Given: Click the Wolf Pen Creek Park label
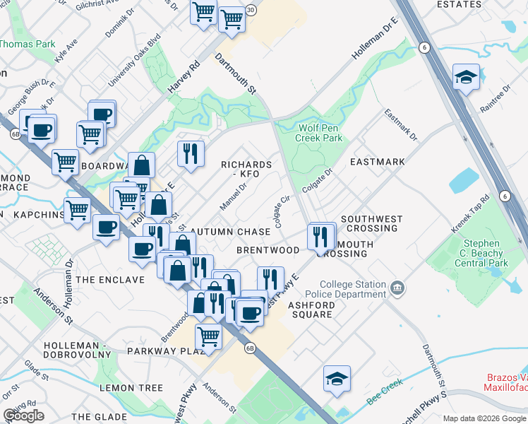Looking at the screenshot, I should pyautogui.click(x=320, y=133).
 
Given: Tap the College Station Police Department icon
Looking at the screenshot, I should pyautogui.click(x=397, y=288).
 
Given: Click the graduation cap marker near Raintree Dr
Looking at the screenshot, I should pyautogui.click(x=466, y=77).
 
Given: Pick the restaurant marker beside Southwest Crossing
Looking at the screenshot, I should pyautogui.click(x=322, y=235).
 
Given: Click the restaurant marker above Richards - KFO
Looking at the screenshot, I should pyautogui.click(x=190, y=153).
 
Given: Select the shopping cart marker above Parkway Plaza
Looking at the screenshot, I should pyautogui.click(x=209, y=336).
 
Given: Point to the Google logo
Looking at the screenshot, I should pyautogui.click(x=23, y=416).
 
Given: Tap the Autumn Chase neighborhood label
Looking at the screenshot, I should pyautogui.click(x=231, y=232).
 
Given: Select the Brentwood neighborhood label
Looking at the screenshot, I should pyautogui.click(x=268, y=250).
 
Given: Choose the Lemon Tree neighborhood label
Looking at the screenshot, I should pyautogui.click(x=131, y=388).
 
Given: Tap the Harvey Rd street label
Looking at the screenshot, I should pyautogui.click(x=184, y=77).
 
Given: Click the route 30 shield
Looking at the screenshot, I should pyautogui.click(x=251, y=10).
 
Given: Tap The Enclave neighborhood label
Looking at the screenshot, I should pyautogui.click(x=110, y=280).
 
